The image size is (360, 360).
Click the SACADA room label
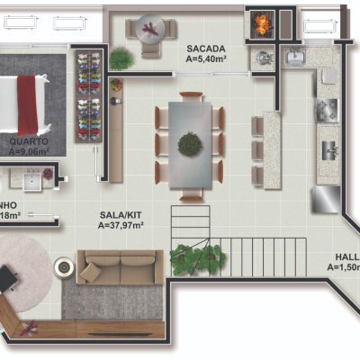pyautogui.click(x=206, y=47)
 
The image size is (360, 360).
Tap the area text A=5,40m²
pyautogui.click(x=206, y=58)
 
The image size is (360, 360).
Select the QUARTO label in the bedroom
pyautogui.click(x=30, y=141)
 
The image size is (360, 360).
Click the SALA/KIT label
pyautogui.click(x=121, y=216)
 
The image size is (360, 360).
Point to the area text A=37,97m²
pyautogui.click(x=121, y=227)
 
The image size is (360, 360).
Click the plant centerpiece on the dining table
pyautogui.click(x=190, y=143)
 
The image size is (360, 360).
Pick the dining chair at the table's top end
pyautogui.click(x=191, y=95)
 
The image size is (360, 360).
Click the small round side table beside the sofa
pyautogui.click(x=63, y=266)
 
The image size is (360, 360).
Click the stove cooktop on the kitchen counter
pyautogui.click(x=326, y=110)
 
